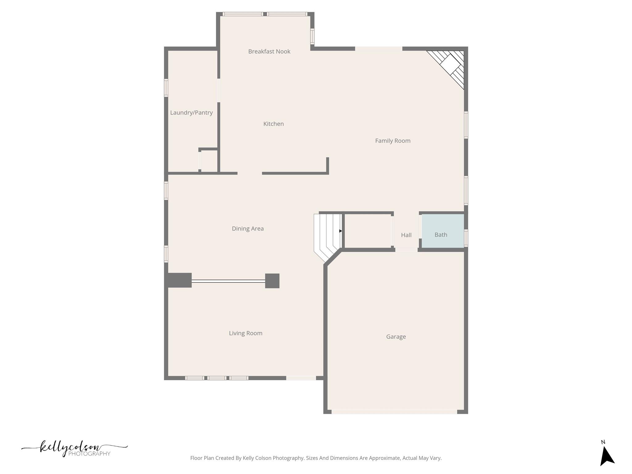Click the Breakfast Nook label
269,52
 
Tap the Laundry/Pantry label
191,113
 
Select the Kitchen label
273,124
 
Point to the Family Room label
393,141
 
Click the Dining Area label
247,229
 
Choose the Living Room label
245,333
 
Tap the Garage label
396,337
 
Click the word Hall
406,235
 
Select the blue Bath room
443,231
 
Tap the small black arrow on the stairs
340,231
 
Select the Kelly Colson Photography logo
74,449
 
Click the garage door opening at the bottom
394,412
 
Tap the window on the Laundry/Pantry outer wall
166,88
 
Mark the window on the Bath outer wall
466,238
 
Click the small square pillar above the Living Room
272,281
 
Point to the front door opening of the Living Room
301,378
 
